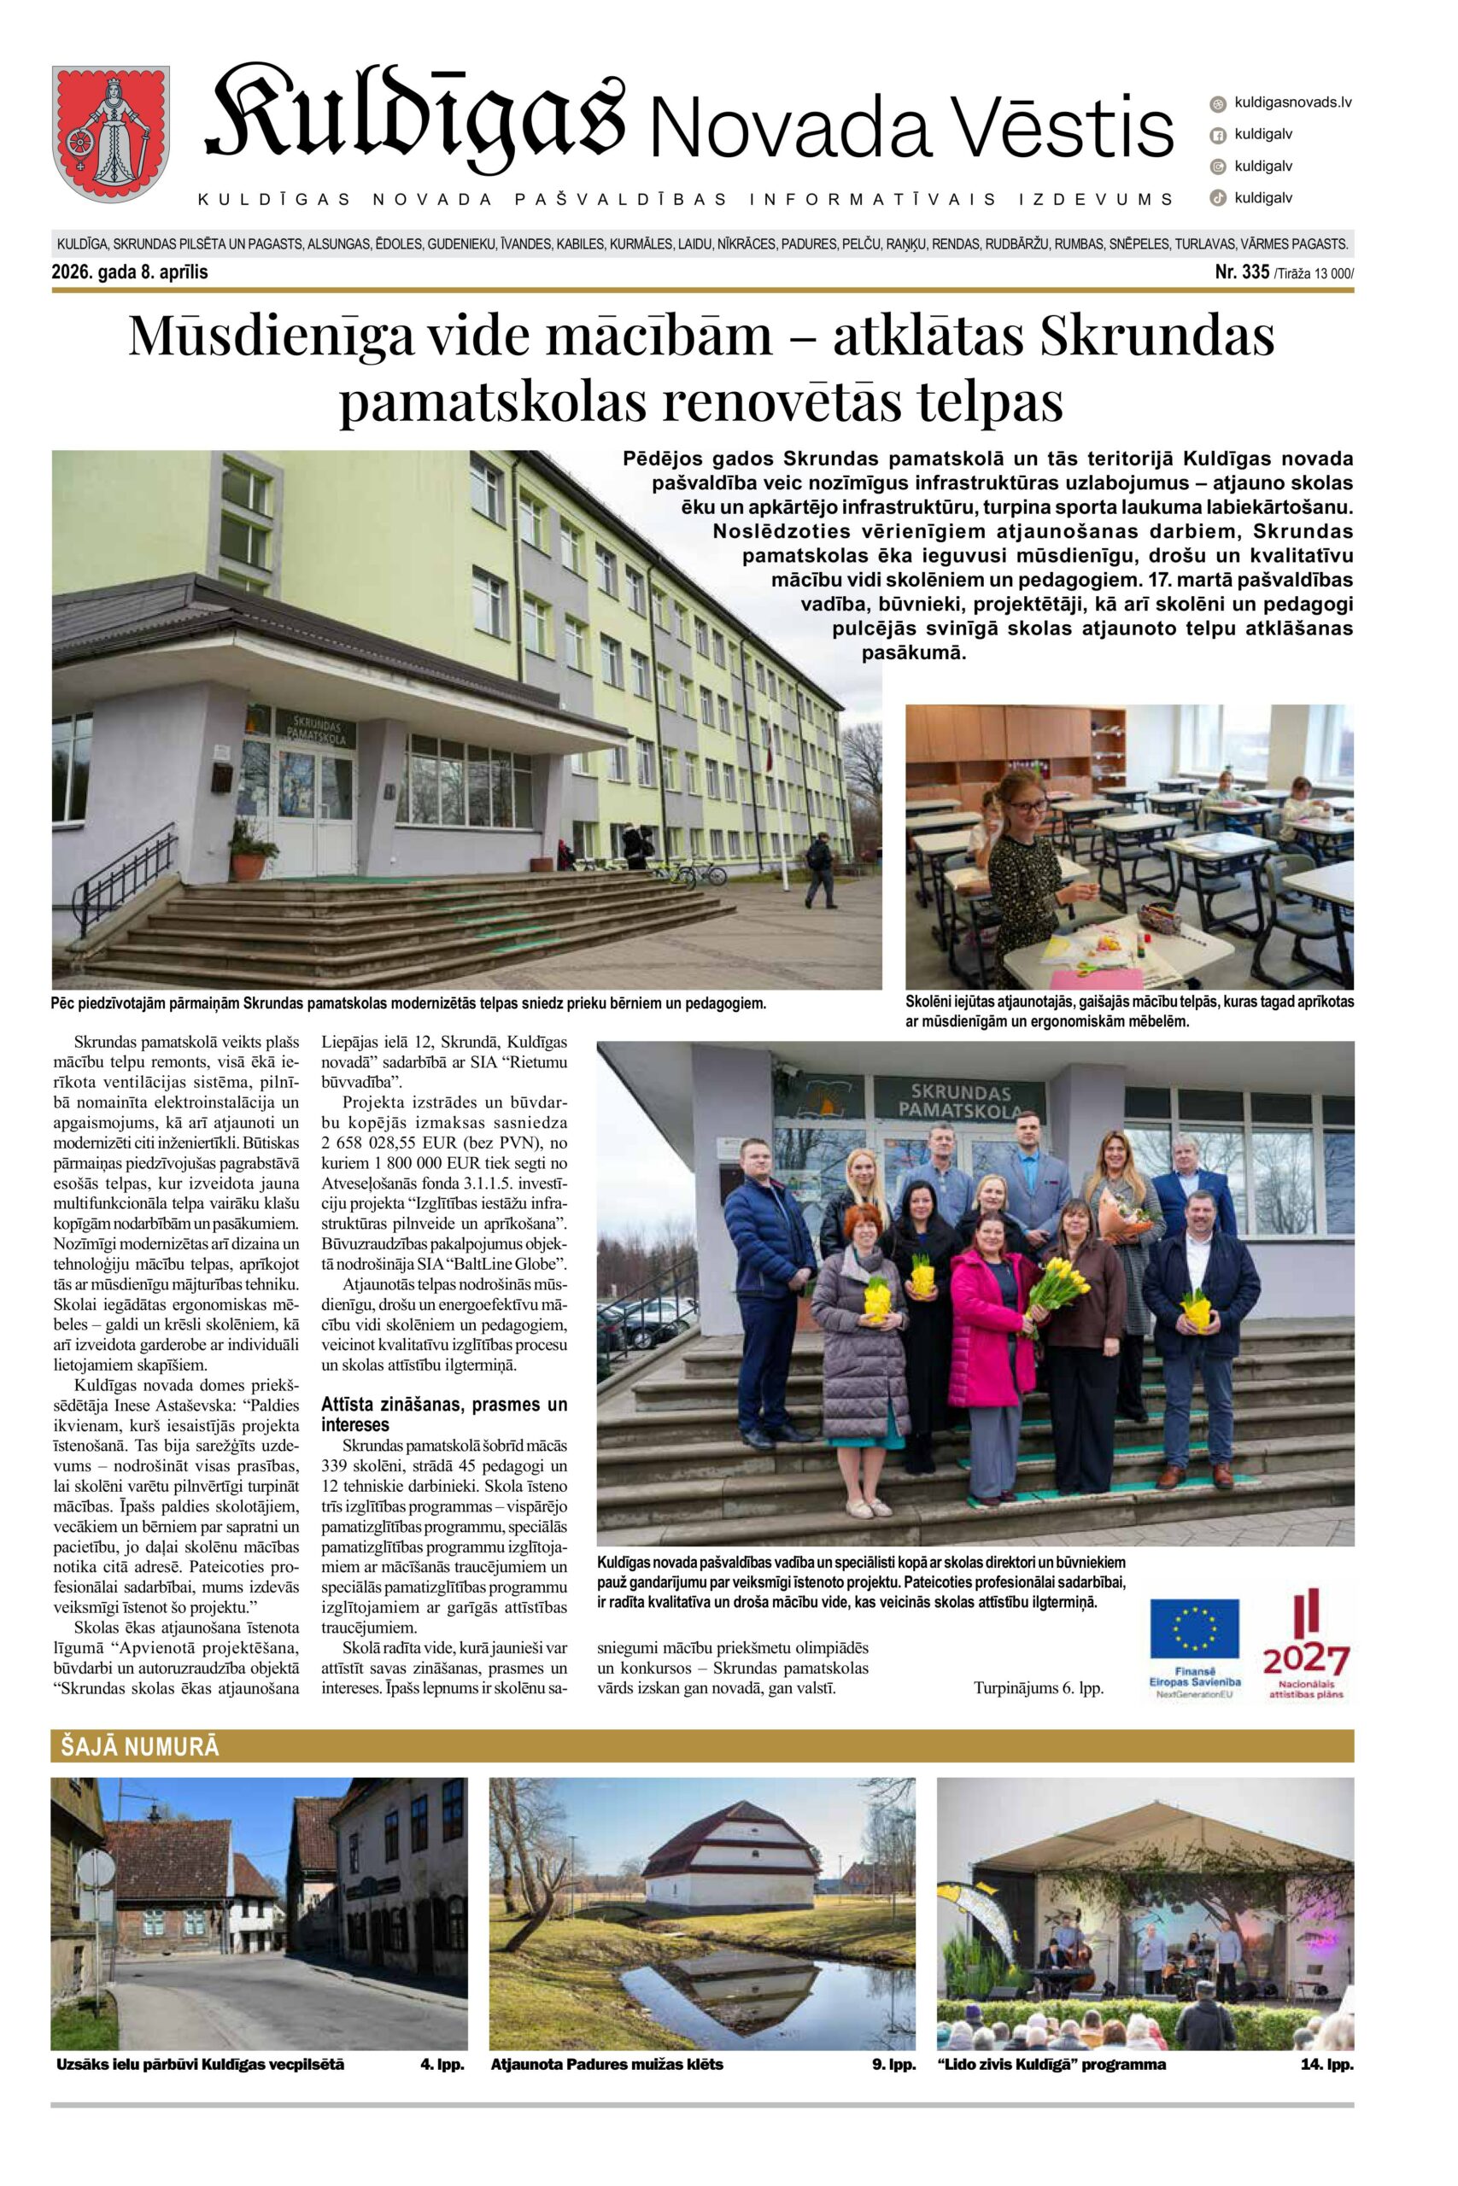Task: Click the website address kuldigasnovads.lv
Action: (x=1291, y=102)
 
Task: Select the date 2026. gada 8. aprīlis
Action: (x=130, y=272)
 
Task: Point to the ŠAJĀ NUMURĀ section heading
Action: (x=140, y=1746)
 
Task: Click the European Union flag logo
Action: (x=1194, y=1629)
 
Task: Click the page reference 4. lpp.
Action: (x=442, y=2064)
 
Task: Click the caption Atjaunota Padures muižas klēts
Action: (x=606, y=2064)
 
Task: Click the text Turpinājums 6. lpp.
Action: (x=1038, y=1688)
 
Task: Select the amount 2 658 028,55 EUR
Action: (x=398, y=1143)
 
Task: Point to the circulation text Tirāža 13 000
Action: (x=1314, y=273)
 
